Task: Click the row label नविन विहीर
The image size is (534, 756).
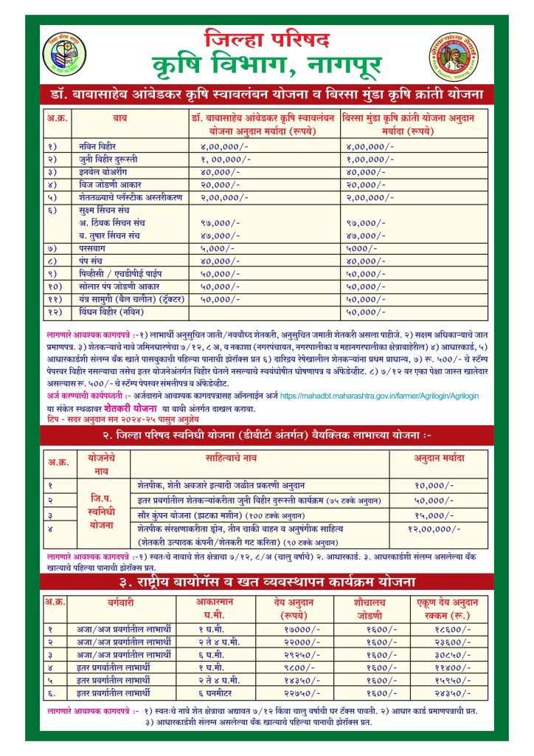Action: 97,146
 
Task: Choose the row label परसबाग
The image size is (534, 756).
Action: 92,248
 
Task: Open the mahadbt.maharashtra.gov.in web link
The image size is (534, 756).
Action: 379,396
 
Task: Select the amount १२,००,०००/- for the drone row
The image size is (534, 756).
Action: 434,529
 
